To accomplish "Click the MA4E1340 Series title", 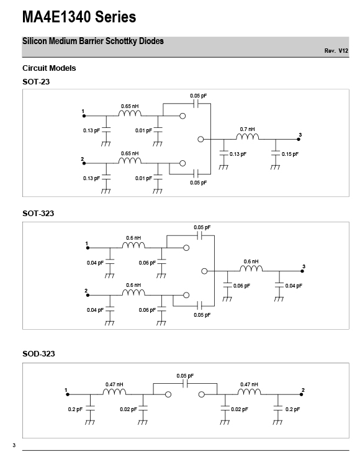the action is click(79, 17).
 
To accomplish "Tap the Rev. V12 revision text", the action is click(336, 51).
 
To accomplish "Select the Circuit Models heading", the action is click(49, 68).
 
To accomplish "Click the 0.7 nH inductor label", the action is click(247, 129).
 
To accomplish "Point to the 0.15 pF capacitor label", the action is click(290, 154).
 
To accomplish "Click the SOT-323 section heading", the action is click(38, 214).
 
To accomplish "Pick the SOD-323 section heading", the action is click(38, 354).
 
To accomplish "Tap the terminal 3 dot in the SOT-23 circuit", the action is click(299, 139).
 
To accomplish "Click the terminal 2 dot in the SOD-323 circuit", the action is click(301, 394).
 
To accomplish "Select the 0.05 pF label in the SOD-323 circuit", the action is click(185, 376).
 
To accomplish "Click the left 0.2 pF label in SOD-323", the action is click(75, 409).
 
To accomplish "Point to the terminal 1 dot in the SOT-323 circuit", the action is click(88, 248).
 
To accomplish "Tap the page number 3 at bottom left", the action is click(14, 445).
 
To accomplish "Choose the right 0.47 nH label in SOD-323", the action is click(250, 384).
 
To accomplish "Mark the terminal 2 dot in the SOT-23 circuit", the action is click(84, 163).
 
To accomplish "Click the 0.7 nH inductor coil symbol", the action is click(248, 137).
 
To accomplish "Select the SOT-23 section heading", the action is click(36, 82).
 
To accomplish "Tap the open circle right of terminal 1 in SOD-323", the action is click(168, 394).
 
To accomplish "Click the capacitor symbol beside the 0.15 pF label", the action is click(276, 153).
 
